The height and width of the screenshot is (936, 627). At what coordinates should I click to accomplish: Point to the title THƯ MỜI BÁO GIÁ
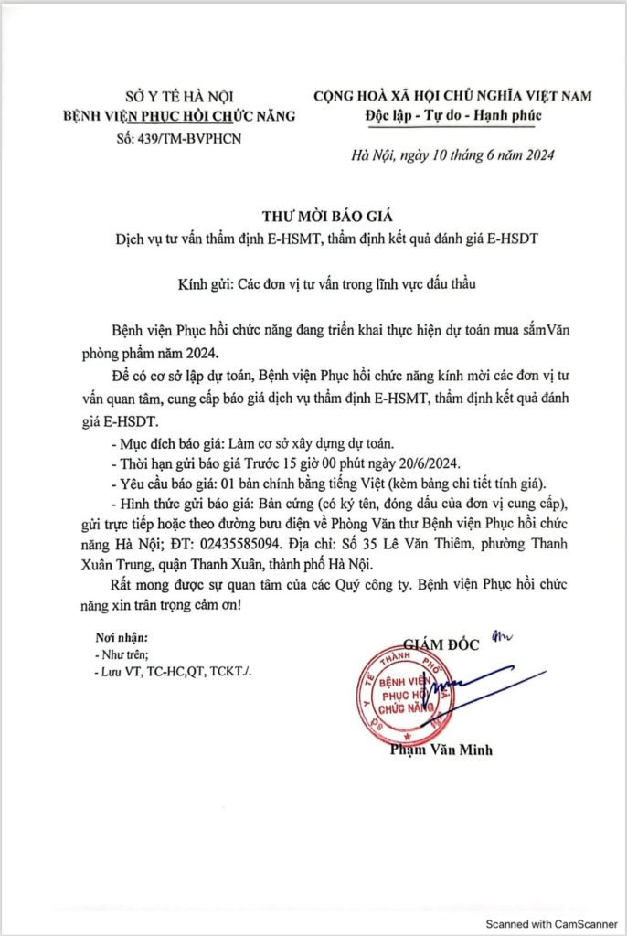(x=313, y=216)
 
